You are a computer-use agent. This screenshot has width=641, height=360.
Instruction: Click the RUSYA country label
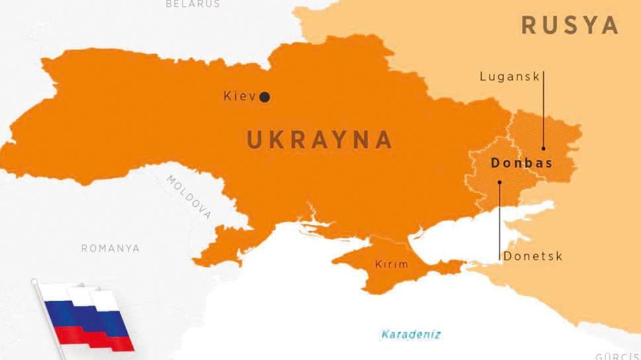pos(570,26)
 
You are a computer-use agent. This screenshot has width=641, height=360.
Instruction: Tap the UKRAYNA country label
pos(320,140)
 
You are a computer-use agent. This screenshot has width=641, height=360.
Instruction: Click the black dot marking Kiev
pos(264,97)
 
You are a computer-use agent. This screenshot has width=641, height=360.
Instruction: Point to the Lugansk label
pos(509,77)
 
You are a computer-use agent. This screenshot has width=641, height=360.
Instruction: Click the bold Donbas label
pos(521,162)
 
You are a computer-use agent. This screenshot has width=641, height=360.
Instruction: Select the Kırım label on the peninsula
pos(392,264)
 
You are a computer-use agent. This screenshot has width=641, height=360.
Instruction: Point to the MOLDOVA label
pos(189,197)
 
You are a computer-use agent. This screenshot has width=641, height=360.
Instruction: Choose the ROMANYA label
pos(110,248)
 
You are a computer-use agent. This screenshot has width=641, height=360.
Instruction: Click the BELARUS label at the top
pos(192,4)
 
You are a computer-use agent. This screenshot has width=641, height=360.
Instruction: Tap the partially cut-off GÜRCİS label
pos(617,356)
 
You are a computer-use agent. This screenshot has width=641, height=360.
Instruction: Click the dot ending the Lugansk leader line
pos(543,149)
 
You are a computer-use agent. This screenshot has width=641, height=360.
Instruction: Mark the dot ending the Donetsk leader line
pos(499,182)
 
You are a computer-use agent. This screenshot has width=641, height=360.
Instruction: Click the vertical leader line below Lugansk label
pos(543,112)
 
